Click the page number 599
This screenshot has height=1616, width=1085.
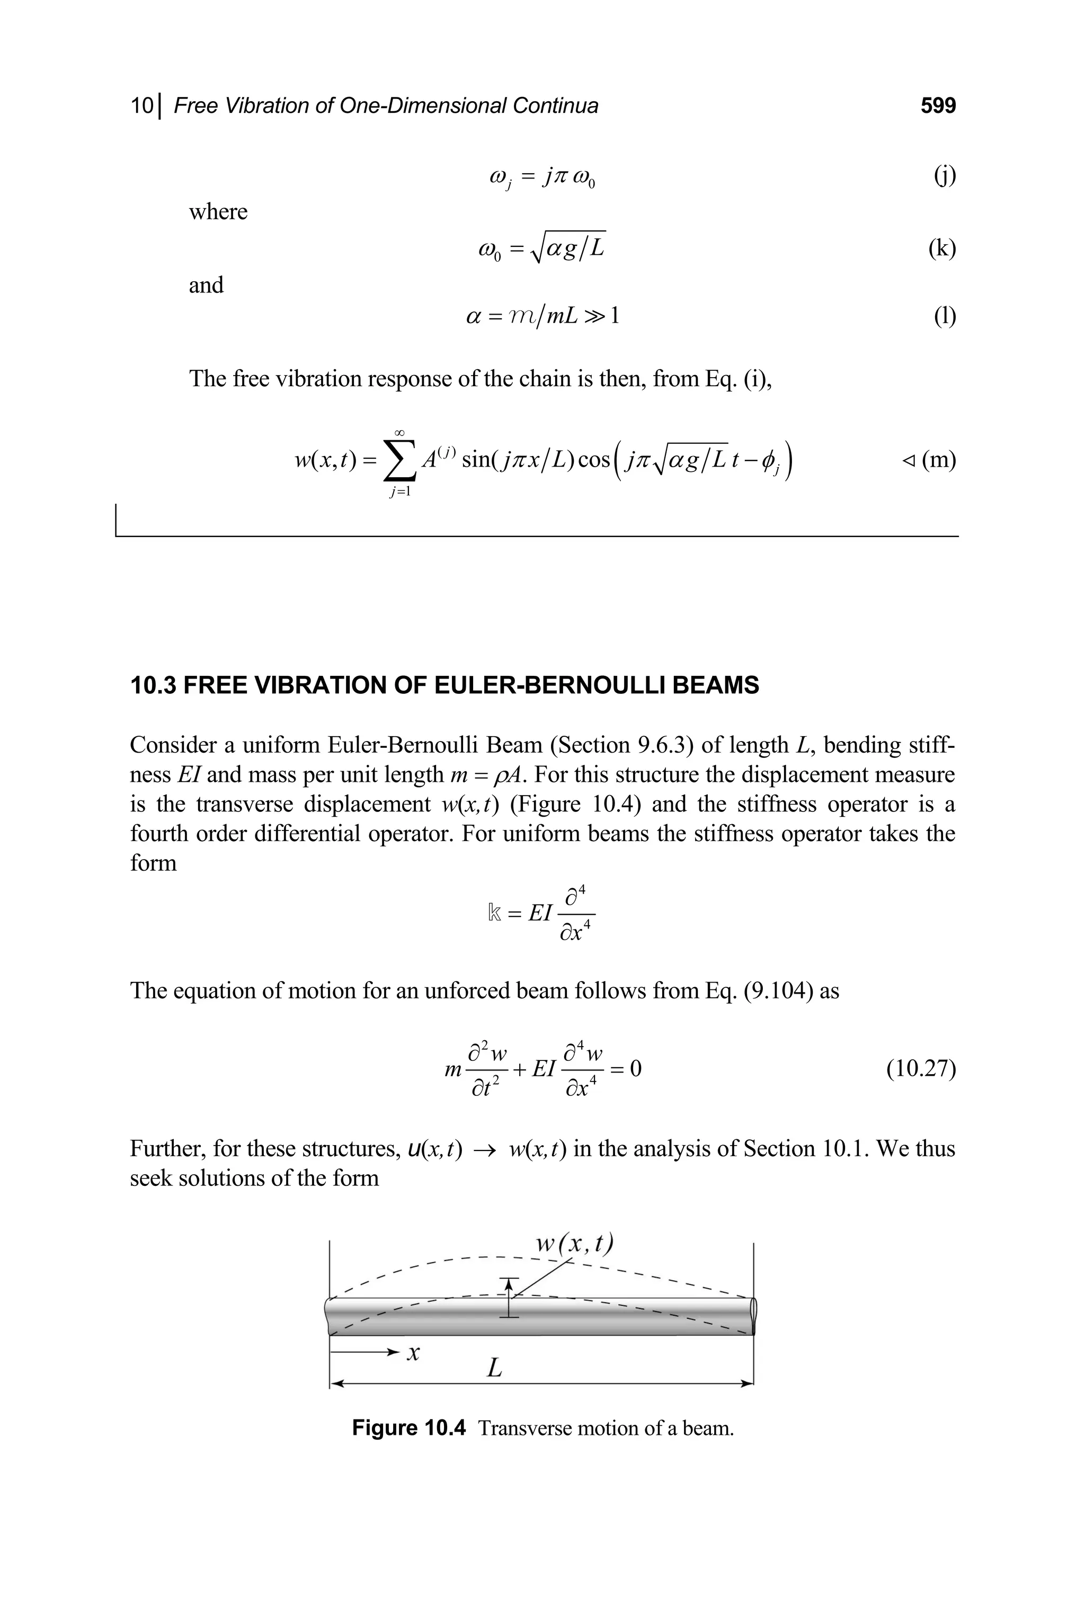[x=938, y=106]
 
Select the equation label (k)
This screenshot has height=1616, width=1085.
[x=942, y=248]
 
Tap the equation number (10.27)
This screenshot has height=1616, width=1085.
[x=920, y=1069]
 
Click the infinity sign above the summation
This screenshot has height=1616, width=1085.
[x=399, y=432]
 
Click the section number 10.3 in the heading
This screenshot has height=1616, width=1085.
[x=154, y=685]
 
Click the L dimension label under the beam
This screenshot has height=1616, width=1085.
[x=494, y=1368]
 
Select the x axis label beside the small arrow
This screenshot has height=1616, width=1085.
[x=413, y=1352]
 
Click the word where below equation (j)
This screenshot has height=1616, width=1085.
[x=218, y=212]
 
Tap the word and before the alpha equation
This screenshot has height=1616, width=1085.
[x=206, y=285]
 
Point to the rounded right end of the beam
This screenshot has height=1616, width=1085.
[x=753, y=1316]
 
